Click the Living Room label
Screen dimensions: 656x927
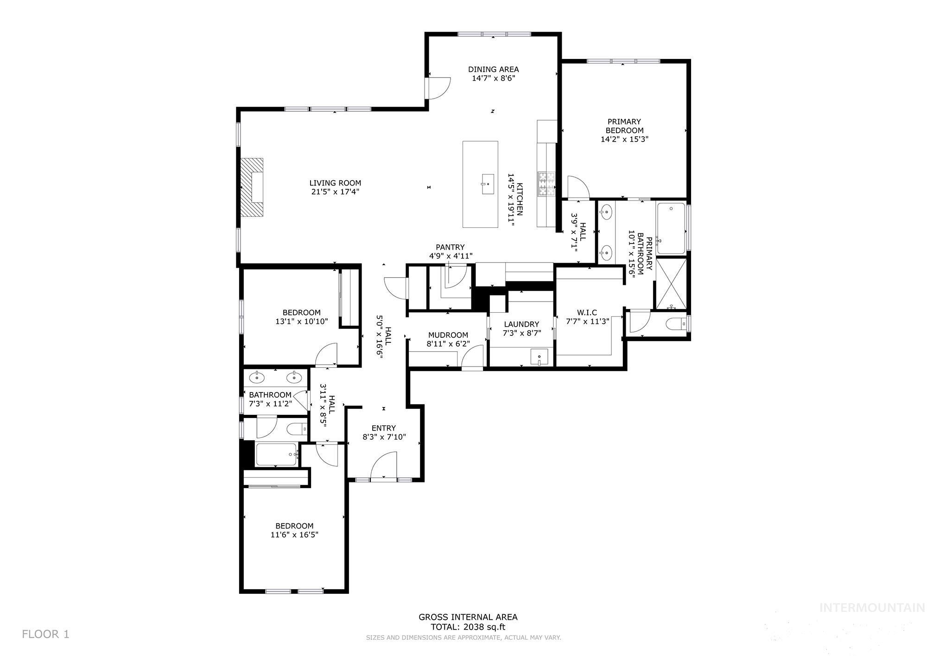(335, 183)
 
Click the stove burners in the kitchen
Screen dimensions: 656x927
(546, 184)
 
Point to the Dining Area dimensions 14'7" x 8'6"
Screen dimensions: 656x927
(493, 78)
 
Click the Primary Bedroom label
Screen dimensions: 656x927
(624, 126)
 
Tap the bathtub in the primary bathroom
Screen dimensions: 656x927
(671, 228)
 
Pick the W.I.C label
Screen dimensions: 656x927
(587, 312)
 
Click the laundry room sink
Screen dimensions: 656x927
(539, 357)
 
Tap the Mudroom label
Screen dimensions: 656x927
(448, 335)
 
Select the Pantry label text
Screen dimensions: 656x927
(450, 247)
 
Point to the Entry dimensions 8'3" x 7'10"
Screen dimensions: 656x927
(384, 437)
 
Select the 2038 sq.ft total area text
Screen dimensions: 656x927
(468, 627)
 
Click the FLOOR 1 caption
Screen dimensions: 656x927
(45, 634)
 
